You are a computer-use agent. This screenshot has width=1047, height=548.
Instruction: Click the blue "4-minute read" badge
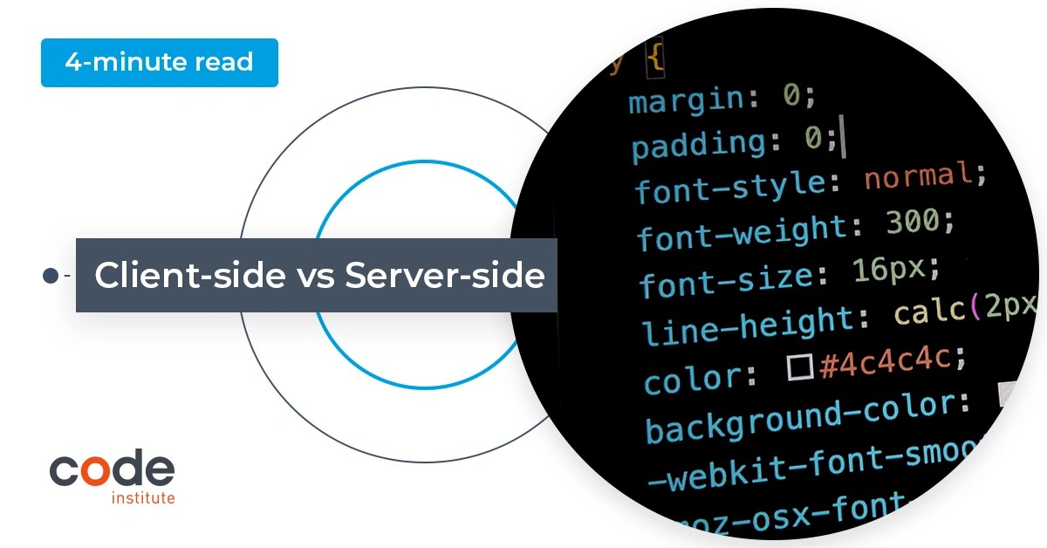coord(159,63)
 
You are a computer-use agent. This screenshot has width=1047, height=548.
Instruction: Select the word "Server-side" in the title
coord(445,276)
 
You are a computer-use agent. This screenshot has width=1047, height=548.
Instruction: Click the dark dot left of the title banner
coord(51,276)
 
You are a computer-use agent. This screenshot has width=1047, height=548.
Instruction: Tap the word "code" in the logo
coord(112,470)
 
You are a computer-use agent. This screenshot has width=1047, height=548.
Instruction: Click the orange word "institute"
coord(143,498)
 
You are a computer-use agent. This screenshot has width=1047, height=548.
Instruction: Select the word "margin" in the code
coord(684,99)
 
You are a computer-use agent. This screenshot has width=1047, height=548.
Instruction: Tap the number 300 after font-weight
coord(911,223)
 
